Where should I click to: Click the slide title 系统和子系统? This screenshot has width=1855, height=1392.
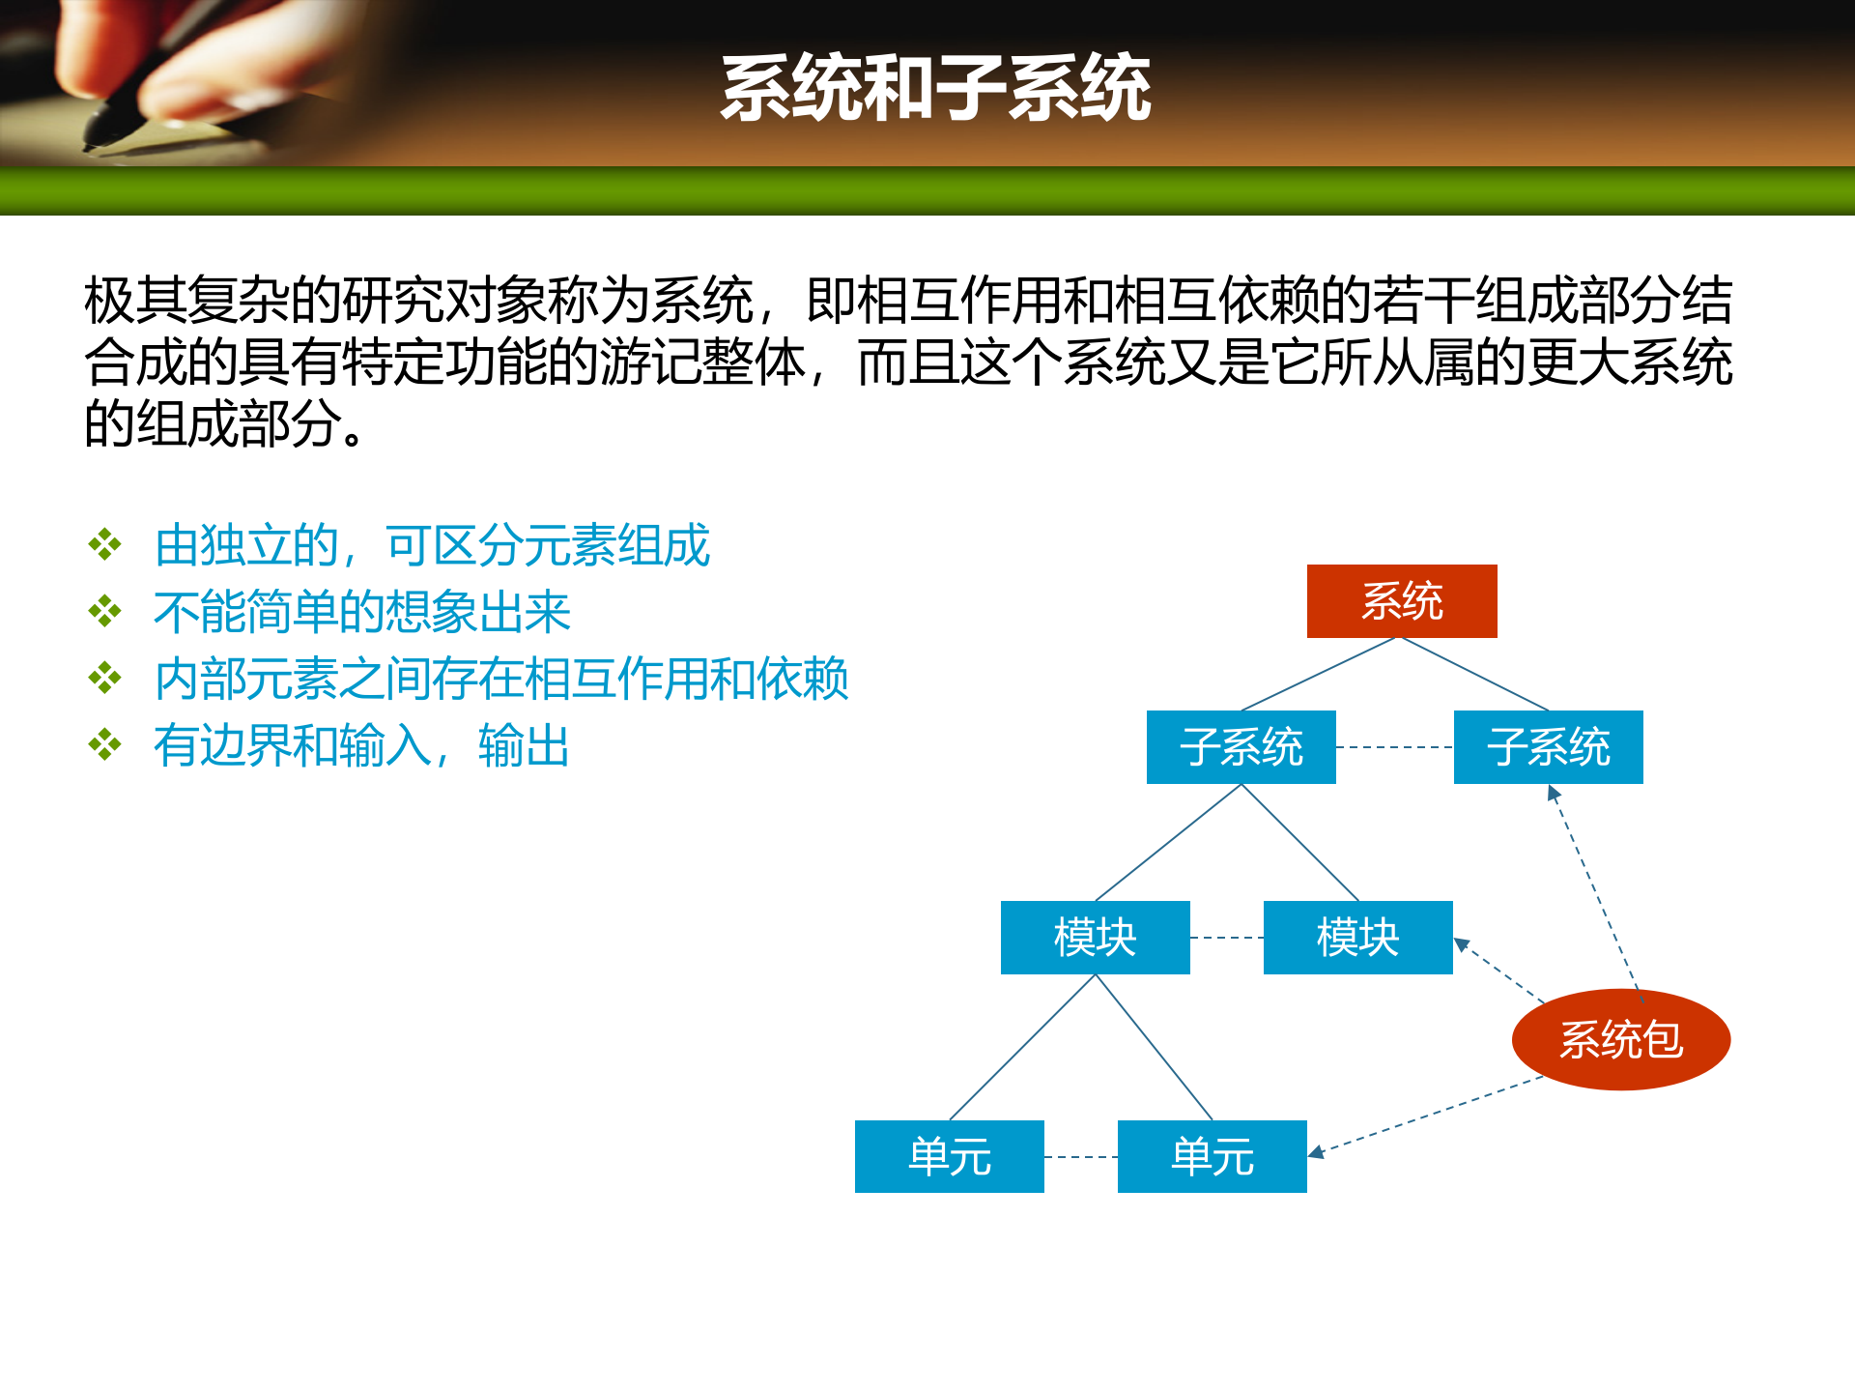click(x=935, y=88)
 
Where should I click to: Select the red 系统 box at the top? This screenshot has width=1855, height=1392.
click(x=1401, y=601)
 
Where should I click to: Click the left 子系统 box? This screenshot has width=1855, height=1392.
click(x=1241, y=747)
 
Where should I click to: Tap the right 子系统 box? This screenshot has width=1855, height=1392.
click(x=1548, y=747)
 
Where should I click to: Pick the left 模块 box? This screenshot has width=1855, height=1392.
click(x=1095, y=938)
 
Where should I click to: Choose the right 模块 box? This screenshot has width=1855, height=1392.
click(x=1357, y=938)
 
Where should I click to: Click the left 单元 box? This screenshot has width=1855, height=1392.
click(x=949, y=1156)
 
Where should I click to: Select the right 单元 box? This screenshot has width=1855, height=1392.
click(x=1212, y=1156)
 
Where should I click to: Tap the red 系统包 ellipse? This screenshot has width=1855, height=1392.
click(x=1620, y=1040)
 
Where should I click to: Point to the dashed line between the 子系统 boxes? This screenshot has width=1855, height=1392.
click(x=1394, y=747)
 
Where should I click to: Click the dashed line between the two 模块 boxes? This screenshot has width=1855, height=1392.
click(x=1226, y=938)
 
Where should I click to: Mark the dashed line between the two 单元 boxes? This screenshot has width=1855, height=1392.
click(x=1080, y=1156)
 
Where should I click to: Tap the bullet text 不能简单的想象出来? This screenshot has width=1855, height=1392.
click(x=362, y=613)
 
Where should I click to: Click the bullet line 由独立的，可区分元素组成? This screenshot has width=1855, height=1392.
click(x=432, y=546)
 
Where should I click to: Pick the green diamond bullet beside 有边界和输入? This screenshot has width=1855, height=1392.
click(x=104, y=745)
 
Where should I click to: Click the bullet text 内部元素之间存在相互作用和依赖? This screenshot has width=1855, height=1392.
click(x=500, y=679)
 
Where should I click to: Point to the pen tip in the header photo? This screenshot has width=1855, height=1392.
click(x=93, y=145)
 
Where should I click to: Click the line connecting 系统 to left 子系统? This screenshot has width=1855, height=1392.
click(x=1319, y=675)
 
